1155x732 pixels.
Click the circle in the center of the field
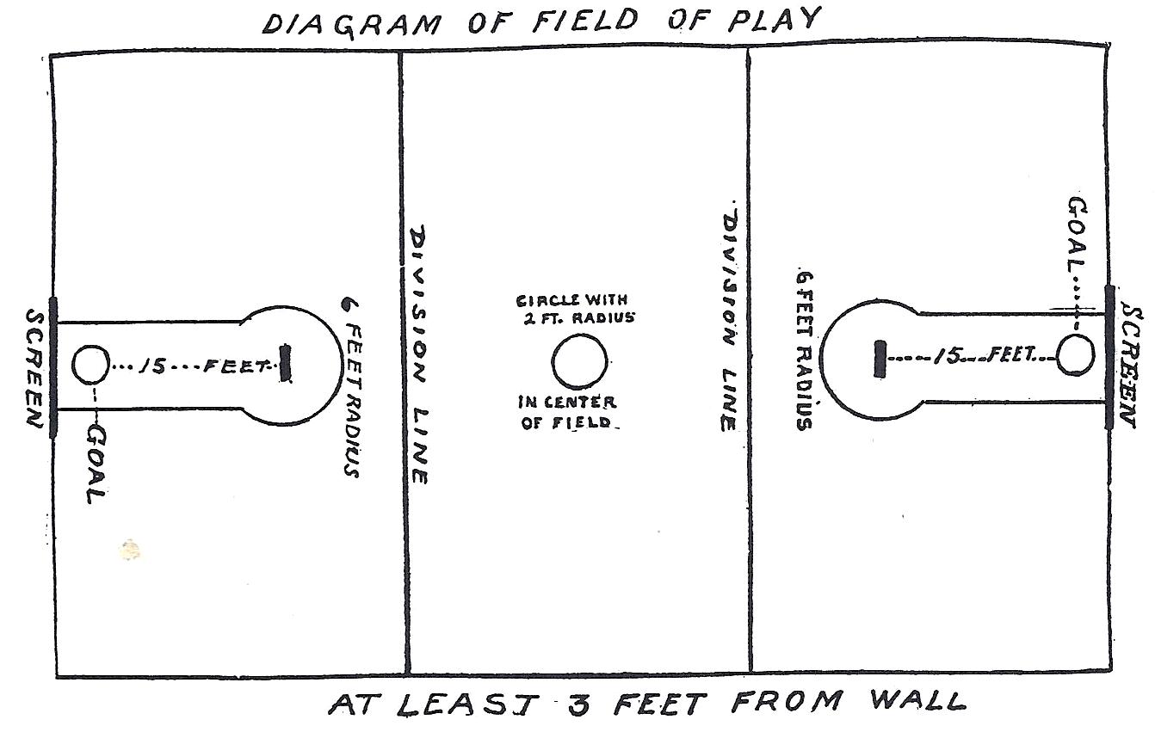pyautogui.click(x=579, y=362)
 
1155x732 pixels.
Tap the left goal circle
pyautogui.click(x=90, y=365)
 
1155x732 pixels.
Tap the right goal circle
pyautogui.click(x=1075, y=355)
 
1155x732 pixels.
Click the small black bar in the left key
pyautogui.click(x=286, y=364)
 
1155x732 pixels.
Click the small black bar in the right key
pyautogui.click(x=879, y=358)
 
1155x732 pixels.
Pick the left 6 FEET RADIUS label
pyautogui.click(x=350, y=386)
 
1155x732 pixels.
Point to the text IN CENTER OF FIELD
pyautogui.click(x=567, y=412)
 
